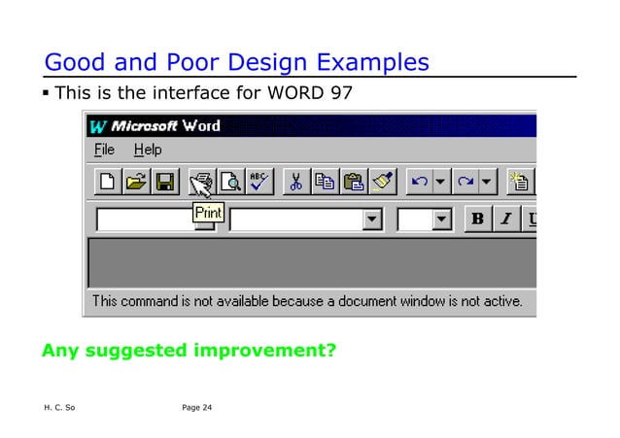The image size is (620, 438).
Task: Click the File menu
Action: [x=104, y=150]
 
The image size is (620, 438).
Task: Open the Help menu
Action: [x=148, y=150]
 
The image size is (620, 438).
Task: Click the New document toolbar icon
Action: [x=108, y=182]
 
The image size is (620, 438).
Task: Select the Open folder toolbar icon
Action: [x=137, y=182]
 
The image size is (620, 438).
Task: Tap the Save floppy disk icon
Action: [x=164, y=182]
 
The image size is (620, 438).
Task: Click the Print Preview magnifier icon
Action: [x=230, y=182]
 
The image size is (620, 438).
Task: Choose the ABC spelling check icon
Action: [x=259, y=182]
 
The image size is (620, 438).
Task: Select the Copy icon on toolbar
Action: [x=326, y=182]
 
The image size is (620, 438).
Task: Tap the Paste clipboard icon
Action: [x=354, y=182]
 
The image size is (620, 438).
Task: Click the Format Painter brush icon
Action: [x=382, y=182]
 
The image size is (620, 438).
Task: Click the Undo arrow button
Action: [x=419, y=182]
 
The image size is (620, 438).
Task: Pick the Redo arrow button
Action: [x=464, y=182]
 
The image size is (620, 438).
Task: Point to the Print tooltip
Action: [x=208, y=212]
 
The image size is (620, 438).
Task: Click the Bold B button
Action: [x=477, y=219]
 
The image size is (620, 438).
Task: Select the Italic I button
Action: [x=505, y=219]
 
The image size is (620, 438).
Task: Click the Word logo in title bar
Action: [x=97, y=126]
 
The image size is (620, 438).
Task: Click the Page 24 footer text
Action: [x=196, y=407]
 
